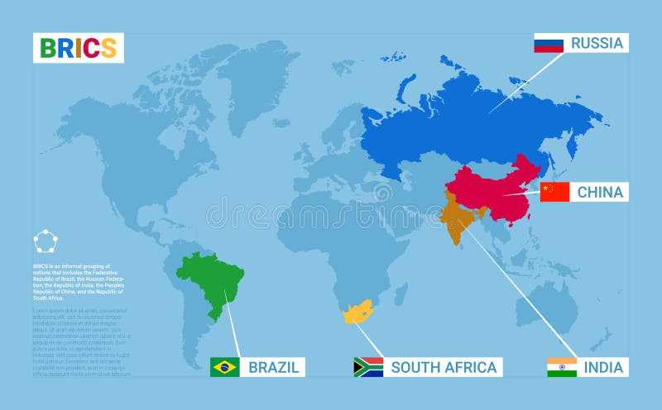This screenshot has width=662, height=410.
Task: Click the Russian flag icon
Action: [x=549, y=44]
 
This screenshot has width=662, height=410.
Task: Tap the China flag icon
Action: [x=554, y=192]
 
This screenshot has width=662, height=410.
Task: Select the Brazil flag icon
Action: [x=225, y=366]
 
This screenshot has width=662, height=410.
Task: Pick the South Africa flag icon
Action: [x=368, y=366]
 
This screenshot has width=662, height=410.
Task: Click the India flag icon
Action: [x=562, y=366]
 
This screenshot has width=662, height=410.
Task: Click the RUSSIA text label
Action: [x=597, y=44]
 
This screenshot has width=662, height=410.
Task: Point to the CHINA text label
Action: [x=600, y=192]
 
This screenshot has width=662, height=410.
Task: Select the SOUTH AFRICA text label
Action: [x=444, y=366]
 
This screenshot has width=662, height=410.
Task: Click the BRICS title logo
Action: [x=79, y=48]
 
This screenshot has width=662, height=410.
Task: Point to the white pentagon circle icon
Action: [x=46, y=242]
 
